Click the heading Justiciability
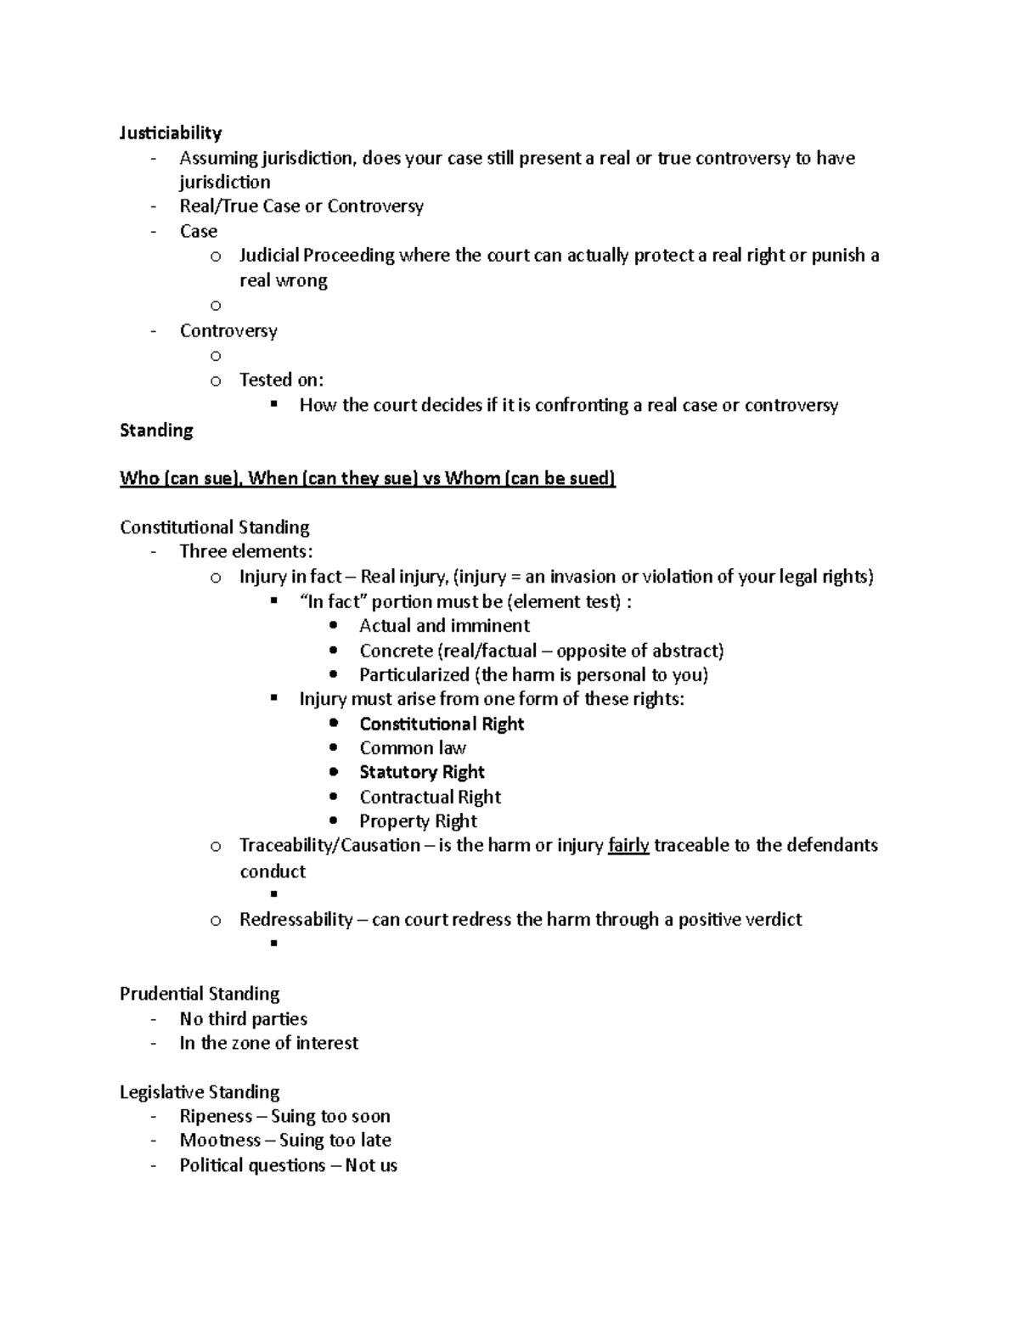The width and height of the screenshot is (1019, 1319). (171, 132)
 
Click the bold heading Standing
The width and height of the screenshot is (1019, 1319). (156, 430)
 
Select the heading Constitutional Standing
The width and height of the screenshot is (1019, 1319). (214, 527)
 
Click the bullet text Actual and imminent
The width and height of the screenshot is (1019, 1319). (444, 626)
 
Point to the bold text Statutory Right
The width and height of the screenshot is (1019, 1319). (421, 772)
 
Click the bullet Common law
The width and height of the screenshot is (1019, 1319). (413, 748)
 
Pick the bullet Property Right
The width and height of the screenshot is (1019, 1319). (418, 821)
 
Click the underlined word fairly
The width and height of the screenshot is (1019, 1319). (628, 845)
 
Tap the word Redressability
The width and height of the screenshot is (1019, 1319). (296, 920)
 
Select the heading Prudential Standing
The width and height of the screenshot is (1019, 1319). (200, 994)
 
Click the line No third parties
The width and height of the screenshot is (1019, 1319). (243, 1018)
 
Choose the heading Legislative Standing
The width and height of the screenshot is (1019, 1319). (200, 1092)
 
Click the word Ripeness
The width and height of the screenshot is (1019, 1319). (216, 1116)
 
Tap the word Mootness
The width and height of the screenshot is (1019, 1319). (220, 1140)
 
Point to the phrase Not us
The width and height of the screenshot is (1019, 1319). (371, 1165)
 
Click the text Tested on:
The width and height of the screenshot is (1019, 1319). (281, 380)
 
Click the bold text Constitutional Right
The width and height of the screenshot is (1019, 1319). (442, 724)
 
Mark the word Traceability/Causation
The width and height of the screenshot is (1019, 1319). (329, 845)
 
